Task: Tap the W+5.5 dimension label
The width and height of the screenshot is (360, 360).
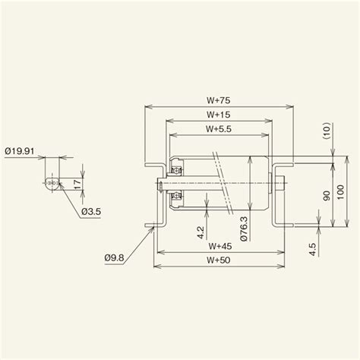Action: [218, 128]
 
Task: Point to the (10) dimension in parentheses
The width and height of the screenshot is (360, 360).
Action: [324, 133]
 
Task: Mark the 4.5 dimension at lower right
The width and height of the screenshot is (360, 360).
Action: [313, 248]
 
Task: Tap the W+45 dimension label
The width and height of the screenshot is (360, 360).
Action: [219, 247]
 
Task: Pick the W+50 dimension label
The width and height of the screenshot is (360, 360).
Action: [219, 260]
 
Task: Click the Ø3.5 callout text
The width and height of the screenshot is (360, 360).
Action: [93, 210]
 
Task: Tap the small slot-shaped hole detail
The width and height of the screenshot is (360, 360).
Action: [52, 183]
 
